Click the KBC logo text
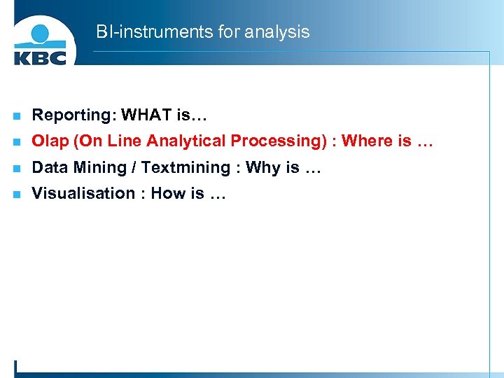[40, 56]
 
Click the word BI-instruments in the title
[142, 32]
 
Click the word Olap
[50, 141]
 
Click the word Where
[367, 141]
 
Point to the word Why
[262, 168]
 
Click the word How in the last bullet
[168, 193]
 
